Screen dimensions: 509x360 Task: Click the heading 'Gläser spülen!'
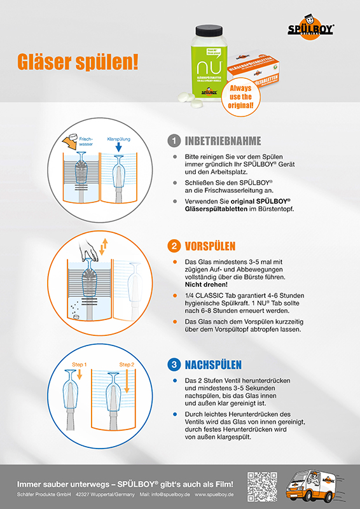tap(76, 62)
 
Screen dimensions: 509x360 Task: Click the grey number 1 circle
tap(172, 141)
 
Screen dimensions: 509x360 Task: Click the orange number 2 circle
tap(172, 246)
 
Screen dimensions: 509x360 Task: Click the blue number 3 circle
tap(172, 365)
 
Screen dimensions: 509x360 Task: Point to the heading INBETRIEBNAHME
tap(223, 141)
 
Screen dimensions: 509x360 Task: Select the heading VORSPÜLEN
tap(211, 246)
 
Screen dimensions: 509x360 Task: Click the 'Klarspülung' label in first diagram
tap(119, 137)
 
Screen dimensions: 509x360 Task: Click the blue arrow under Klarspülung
tap(119, 149)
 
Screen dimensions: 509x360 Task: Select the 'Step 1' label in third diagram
tap(78, 365)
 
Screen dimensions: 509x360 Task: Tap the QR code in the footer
tap(262, 486)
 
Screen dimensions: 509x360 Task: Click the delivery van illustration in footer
tap(317, 486)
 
